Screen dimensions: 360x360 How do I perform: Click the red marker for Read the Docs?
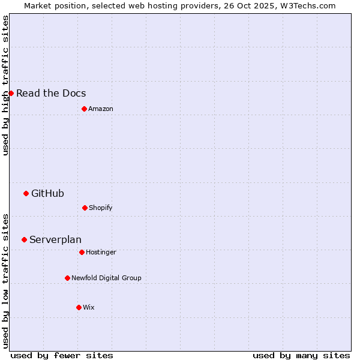11,93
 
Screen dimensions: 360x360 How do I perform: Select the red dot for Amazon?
84,109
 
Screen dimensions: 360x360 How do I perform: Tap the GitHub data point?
26,193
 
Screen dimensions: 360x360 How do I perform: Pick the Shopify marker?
85,208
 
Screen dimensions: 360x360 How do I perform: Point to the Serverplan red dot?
24,239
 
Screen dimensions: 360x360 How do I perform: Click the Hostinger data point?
82,252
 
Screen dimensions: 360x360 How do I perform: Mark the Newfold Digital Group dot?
67,278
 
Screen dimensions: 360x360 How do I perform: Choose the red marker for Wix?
79,307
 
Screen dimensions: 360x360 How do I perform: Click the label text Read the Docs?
51,93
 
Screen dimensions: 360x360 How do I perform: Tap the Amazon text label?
101,109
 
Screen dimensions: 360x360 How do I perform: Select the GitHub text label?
47,193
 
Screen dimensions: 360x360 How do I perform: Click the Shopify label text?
101,208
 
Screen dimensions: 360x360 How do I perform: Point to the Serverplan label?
55,239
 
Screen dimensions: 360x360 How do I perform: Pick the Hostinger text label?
101,252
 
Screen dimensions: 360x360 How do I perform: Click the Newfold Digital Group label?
106,278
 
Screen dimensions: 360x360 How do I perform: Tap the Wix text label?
89,307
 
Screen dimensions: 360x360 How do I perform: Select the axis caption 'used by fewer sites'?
62,355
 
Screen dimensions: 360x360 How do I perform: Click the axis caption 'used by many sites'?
301,355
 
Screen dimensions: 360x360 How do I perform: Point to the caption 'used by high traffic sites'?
5,85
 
